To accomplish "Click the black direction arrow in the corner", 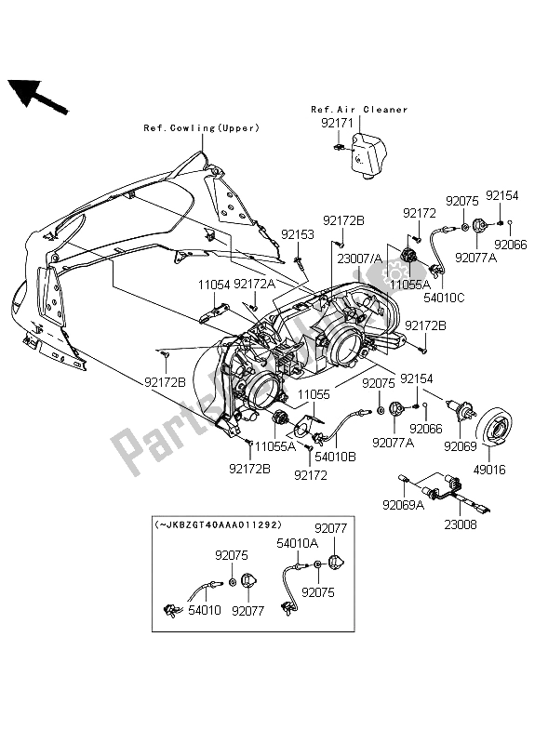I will pyautogui.click(x=37, y=96).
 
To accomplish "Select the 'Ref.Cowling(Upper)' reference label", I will pyautogui.click(x=201, y=127).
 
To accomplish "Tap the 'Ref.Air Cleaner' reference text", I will pyautogui.click(x=359, y=110).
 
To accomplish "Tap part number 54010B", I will pyautogui.click(x=335, y=458).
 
